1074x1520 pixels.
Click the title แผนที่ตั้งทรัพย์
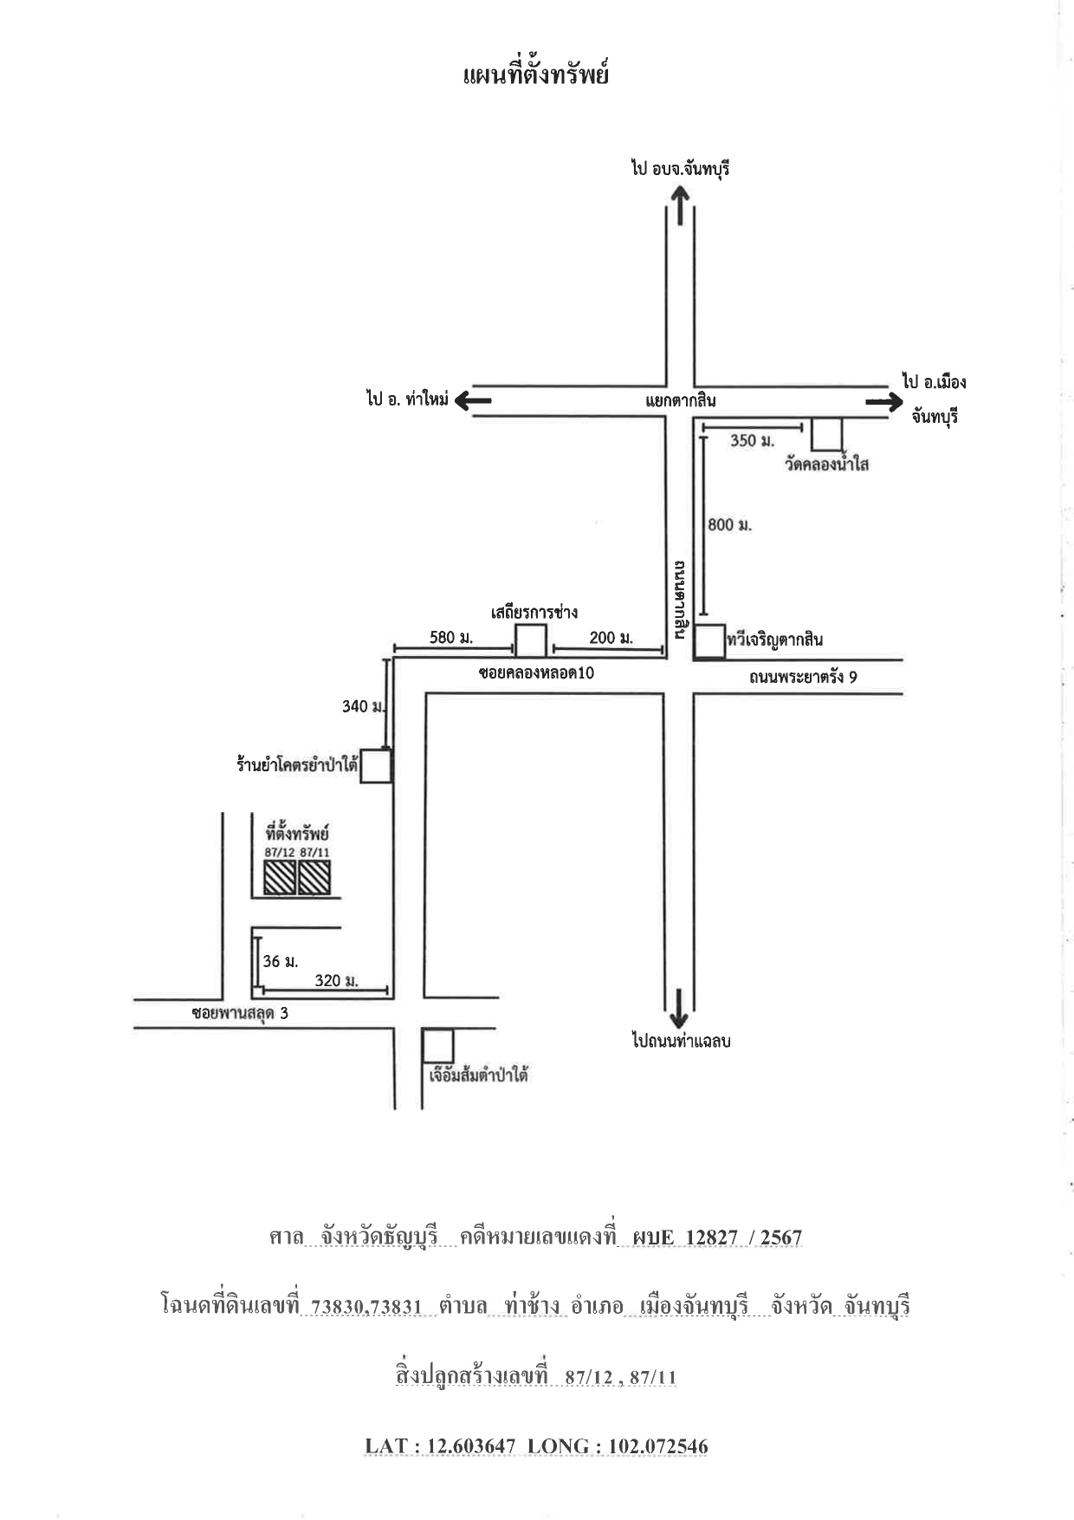[x=536, y=75]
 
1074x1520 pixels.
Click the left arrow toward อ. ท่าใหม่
[x=473, y=400]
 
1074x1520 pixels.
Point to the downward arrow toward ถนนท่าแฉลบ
[x=679, y=1007]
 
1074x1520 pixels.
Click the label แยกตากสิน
[x=681, y=400]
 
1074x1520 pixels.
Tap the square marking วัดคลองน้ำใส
[x=827, y=435]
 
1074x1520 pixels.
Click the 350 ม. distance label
[x=752, y=440]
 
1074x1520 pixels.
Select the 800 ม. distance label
[x=729, y=524]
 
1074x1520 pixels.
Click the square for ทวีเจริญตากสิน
[x=710, y=642]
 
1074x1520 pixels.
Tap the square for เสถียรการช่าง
[x=531, y=641]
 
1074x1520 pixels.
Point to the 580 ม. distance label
[x=451, y=638]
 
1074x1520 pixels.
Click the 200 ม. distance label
[x=611, y=638]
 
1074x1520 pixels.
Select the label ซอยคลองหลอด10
[x=536, y=672]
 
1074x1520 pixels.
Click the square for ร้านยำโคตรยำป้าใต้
[x=377, y=767]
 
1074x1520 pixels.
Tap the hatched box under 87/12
[x=280, y=878]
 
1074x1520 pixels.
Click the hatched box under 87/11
[x=314, y=878]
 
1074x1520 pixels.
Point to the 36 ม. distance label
[x=281, y=961]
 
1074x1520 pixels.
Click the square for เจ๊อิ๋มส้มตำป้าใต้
[x=438, y=1046]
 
